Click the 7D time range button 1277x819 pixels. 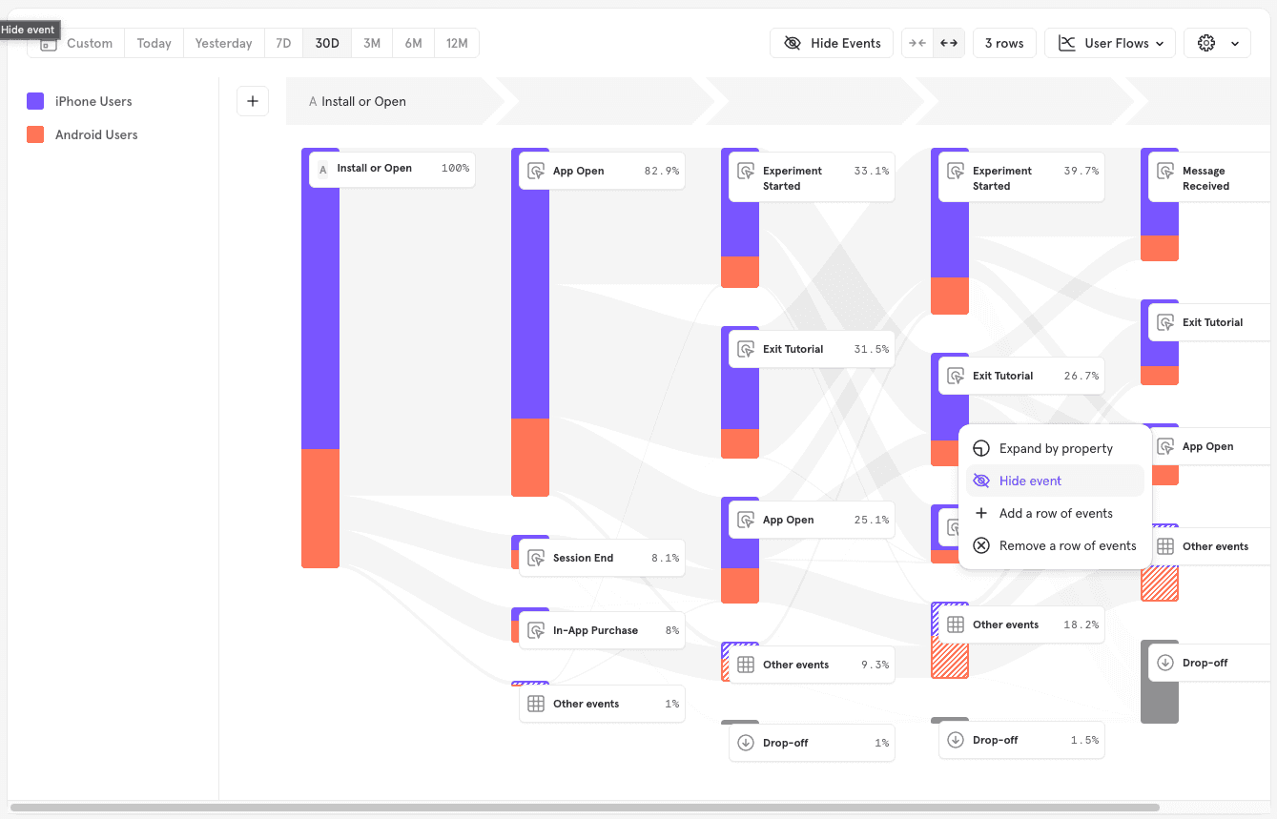[283, 43]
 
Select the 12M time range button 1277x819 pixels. [457, 43]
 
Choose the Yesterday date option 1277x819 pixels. [223, 43]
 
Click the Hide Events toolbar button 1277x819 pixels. [832, 43]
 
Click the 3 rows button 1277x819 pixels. [1004, 43]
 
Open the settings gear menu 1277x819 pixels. [1217, 43]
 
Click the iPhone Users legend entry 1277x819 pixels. [93, 101]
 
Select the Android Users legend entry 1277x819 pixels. [96, 134]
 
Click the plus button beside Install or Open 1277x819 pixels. [253, 101]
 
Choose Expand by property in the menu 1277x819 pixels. [1056, 448]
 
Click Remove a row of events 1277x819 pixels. [1067, 545]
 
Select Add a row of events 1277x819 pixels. [1056, 513]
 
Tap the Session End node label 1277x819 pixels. [583, 558]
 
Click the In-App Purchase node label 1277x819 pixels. [595, 630]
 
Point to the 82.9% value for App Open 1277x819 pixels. [661, 171]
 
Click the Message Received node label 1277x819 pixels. [1205, 178]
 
